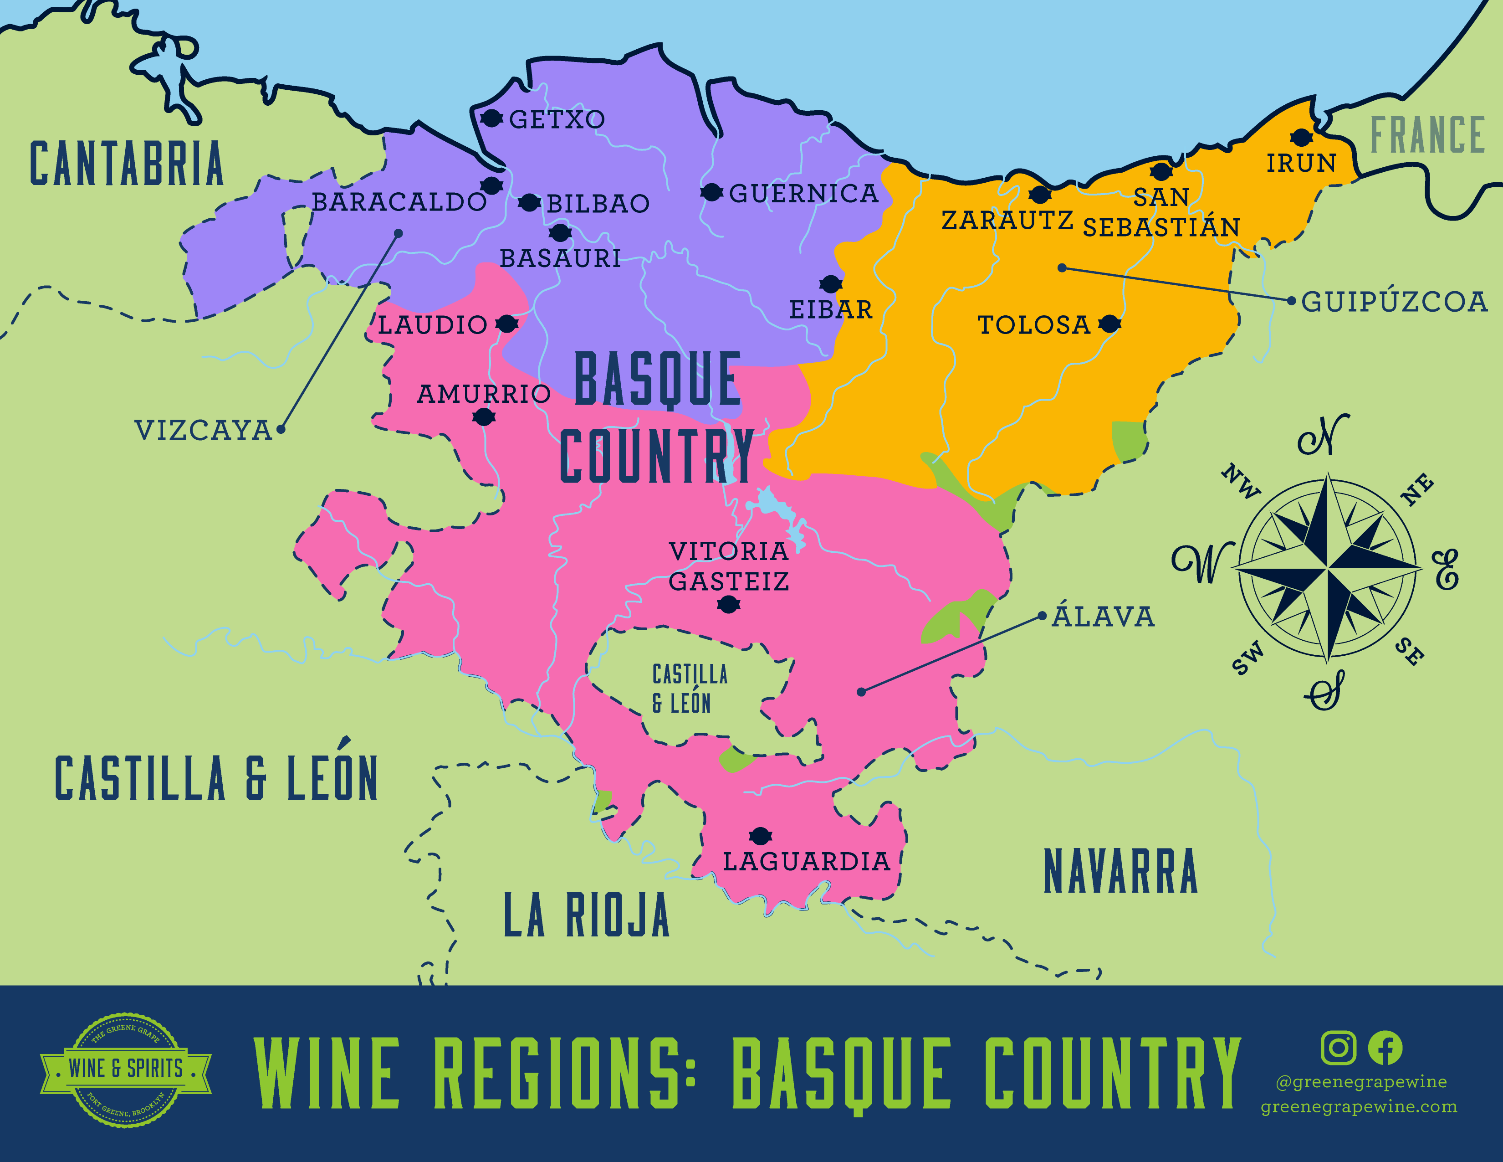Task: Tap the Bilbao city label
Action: pyautogui.click(x=598, y=204)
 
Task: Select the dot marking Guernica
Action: pyautogui.click(x=711, y=193)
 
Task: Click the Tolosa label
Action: pyautogui.click(x=1034, y=325)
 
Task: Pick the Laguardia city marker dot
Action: pyautogui.click(x=760, y=836)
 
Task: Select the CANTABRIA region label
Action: pyautogui.click(x=127, y=164)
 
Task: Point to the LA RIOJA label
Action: pyautogui.click(x=586, y=915)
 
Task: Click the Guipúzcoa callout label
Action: pyautogui.click(x=1394, y=302)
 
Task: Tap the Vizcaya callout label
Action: pyautogui.click(x=204, y=430)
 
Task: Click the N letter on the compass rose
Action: pyautogui.click(x=1323, y=435)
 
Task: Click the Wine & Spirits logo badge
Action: pyautogui.click(x=125, y=1069)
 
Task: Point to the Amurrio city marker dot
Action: pyautogui.click(x=484, y=416)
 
